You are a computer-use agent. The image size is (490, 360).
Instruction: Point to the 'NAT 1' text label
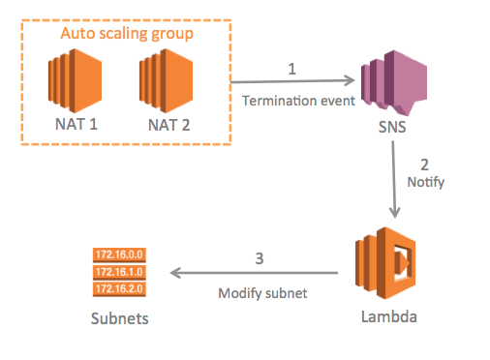click(76, 125)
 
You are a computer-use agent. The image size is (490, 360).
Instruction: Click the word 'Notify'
click(427, 181)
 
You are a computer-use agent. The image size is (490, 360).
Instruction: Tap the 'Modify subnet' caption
click(260, 291)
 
